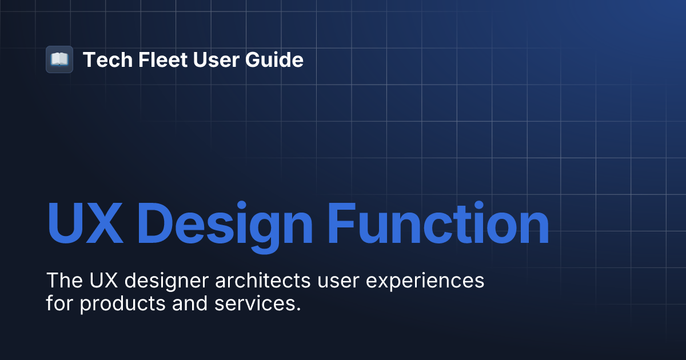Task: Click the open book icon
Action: coord(59,59)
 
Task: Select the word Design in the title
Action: coord(226,223)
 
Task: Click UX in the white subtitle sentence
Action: coord(103,281)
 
